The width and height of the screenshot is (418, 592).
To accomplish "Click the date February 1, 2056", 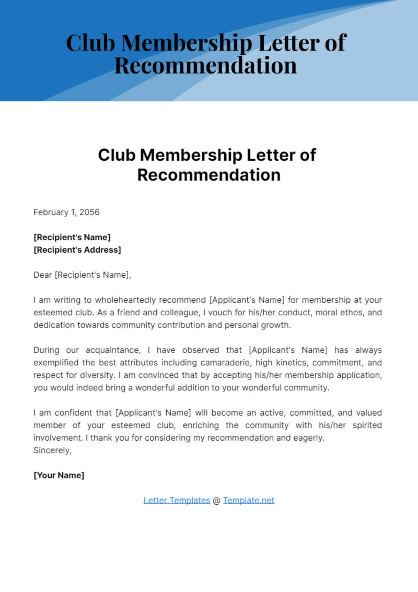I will [66, 212].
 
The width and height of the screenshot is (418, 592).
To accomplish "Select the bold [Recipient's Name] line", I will [72, 237].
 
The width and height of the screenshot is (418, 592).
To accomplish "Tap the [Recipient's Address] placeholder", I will [77, 250].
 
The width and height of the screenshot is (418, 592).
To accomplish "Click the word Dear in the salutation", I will [42, 275].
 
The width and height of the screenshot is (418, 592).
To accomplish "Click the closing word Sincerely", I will [52, 450].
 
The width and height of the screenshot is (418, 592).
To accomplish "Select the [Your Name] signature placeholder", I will [59, 475].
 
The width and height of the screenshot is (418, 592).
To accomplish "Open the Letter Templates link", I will [177, 500].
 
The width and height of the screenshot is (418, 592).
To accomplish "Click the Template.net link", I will [248, 500].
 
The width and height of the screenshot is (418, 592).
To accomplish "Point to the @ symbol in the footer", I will [216, 501].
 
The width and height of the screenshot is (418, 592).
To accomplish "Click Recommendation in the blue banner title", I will [206, 66].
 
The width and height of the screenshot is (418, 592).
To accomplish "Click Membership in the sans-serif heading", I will [191, 155].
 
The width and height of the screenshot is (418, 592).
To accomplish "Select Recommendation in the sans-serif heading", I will [209, 175].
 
